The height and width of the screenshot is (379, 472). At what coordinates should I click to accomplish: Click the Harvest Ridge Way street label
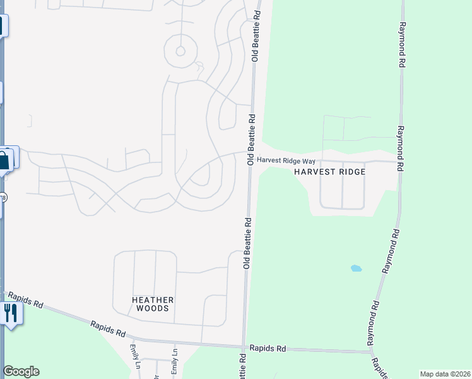click(x=286, y=161)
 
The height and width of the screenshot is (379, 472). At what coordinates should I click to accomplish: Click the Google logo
click(x=21, y=371)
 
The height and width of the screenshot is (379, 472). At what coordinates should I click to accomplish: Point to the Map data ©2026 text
click(x=445, y=374)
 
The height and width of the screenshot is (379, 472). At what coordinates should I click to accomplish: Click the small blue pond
click(x=356, y=268)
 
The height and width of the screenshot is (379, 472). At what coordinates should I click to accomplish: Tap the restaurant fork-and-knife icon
click(x=10, y=311)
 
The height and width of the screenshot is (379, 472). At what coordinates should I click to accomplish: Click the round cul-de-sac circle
click(x=180, y=51)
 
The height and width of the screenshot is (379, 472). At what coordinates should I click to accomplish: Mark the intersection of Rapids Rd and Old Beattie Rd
click(x=244, y=346)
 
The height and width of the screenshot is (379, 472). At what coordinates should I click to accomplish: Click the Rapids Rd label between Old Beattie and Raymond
click(x=268, y=348)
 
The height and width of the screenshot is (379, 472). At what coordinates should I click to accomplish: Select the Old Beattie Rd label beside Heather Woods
click(x=247, y=243)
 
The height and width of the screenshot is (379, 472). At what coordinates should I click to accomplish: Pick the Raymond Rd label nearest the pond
click(x=389, y=251)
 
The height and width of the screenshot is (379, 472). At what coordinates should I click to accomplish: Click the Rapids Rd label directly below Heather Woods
click(x=108, y=329)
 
